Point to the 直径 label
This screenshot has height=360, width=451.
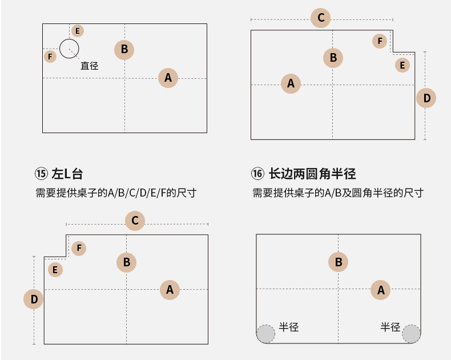[x=90, y=66]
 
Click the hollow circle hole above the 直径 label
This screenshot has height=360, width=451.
[x=69, y=48]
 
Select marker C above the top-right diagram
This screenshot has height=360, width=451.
[x=321, y=18]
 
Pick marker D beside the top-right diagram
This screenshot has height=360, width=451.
[x=426, y=98]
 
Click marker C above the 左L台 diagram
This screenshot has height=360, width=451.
[x=135, y=220]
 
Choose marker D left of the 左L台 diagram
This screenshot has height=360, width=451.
[x=34, y=299]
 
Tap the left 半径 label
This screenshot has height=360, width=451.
[x=289, y=327]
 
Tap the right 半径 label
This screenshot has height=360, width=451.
[x=390, y=327]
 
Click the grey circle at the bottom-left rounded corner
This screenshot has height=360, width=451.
[x=265, y=334]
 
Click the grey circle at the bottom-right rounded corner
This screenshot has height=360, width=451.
[x=411, y=334]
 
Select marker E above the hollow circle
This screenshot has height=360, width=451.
[x=77, y=31]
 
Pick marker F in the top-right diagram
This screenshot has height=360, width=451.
[x=380, y=41]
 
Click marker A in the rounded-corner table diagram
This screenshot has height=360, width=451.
[x=381, y=290]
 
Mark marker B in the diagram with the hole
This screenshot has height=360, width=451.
[x=124, y=49]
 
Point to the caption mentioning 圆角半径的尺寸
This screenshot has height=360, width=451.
[x=338, y=193]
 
